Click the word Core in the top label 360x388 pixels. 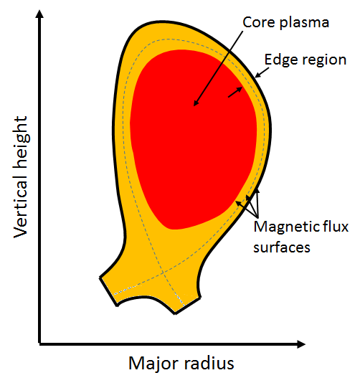[x=259, y=22]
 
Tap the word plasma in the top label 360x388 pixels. [x=304, y=23]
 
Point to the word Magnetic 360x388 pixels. [x=286, y=227]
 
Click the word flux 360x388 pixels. [x=334, y=226]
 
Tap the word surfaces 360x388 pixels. [x=282, y=247]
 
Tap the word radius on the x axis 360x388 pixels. [x=209, y=363]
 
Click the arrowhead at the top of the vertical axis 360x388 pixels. [x=39, y=14]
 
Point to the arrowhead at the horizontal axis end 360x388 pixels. [x=301, y=344]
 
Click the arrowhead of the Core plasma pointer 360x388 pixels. [x=196, y=103]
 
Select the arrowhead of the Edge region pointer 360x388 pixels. [x=257, y=75]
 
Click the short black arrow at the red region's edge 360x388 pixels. [x=235, y=93]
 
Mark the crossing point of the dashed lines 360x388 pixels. [x=163, y=273]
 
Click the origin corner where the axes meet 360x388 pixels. [x=39, y=344]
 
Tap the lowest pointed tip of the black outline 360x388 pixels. [x=175, y=314]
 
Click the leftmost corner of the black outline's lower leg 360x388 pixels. [x=100, y=277]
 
